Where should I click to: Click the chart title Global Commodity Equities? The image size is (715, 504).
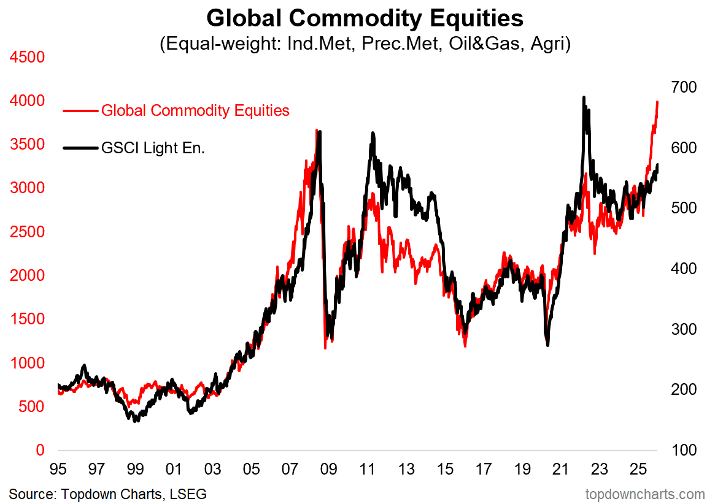pyautogui.click(x=365, y=18)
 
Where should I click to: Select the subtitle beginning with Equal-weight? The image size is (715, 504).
pyautogui.click(x=365, y=45)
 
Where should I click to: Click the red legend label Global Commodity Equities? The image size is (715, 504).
pyautogui.click(x=195, y=110)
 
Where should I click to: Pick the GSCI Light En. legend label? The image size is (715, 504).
pyautogui.click(x=153, y=147)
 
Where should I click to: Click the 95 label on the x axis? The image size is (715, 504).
pyautogui.click(x=58, y=470)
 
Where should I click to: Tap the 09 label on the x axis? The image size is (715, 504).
pyautogui.click(x=328, y=470)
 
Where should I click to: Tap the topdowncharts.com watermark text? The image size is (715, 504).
pyautogui.click(x=645, y=493)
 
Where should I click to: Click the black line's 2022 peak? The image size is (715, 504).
pyautogui.click(x=583, y=97)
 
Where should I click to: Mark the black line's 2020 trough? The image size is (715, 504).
pyautogui.click(x=547, y=345)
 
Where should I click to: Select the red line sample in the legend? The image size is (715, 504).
pyautogui.click(x=80, y=111)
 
